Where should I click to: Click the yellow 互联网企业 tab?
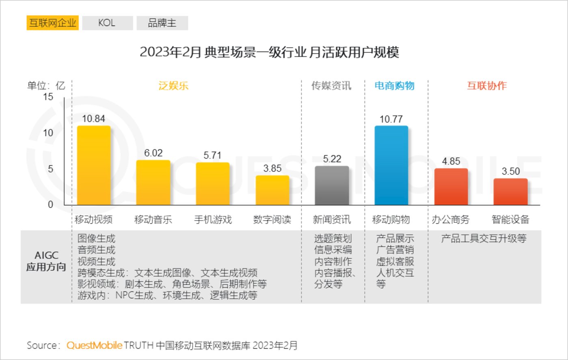[x=52, y=23]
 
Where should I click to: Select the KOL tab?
[x=107, y=23]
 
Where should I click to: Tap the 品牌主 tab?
[x=162, y=23]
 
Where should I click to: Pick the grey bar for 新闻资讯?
[x=332, y=185]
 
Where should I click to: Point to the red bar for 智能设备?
[x=510, y=191]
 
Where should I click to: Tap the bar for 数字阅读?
[x=272, y=190]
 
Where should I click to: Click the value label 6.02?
[x=153, y=153]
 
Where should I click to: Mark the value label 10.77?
[x=391, y=119]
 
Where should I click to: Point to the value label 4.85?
[x=451, y=161]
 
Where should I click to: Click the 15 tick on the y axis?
[x=48, y=97]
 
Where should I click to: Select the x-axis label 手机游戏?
[x=213, y=220]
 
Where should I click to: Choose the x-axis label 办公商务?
[x=451, y=220]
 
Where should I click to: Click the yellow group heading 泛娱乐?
[x=173, y=86]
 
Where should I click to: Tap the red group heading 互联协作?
[x=486, y=86]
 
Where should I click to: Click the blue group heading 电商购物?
[x=394, y=86]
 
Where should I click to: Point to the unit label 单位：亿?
[x=46, y=86]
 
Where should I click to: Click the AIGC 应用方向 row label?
[x=46, y=261]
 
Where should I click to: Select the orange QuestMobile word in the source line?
[x=94, y=345]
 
